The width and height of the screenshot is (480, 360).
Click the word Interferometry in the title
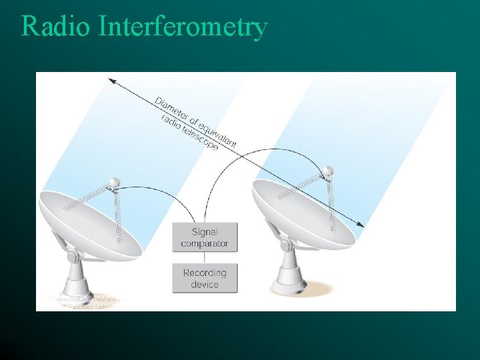(x=183, y=27)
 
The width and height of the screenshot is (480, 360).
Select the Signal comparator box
(x=205, y=238)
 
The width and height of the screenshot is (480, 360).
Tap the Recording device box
(x=205, y=278)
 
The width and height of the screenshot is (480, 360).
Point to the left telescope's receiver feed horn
(x=114, y=181)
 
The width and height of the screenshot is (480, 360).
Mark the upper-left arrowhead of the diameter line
(x=111, y=81)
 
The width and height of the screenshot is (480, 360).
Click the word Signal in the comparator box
(x=205, y=232)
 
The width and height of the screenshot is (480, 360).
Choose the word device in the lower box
(x=205, y=285)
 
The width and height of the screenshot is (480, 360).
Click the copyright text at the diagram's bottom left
(x=80, y=303)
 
